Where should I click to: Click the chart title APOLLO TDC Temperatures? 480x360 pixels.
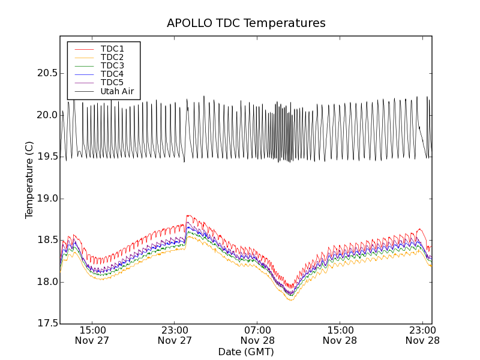click(246, 23)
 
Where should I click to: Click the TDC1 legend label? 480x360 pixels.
click(112, 49)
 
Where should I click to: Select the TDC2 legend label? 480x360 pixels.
click(112, 57)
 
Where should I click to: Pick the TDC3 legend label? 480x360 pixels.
click(112, 65)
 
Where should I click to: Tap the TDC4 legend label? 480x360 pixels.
click(112, 74)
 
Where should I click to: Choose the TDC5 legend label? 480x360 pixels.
click(112, 82)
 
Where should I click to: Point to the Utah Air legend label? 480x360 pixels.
click(117, 91)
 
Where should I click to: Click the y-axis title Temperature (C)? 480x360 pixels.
click(29, 180)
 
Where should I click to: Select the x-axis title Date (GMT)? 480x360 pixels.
click(246, 352)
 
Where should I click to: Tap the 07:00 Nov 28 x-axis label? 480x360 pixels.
click(257, 335)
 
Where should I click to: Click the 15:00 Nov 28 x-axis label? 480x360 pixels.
click(340, 335)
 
